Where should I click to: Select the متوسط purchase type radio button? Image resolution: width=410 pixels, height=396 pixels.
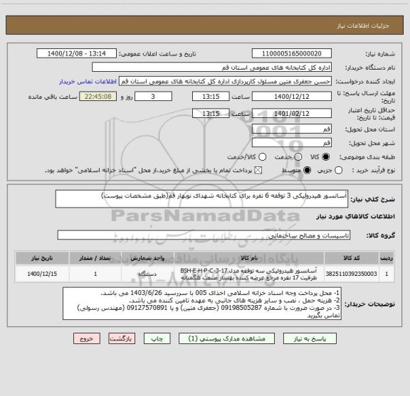[307, 170]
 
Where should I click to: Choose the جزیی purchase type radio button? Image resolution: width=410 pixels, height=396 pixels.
[339, 170]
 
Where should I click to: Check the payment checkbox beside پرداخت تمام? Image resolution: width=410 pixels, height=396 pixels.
[258, 170]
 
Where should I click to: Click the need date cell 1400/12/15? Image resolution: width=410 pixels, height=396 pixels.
[42, 272]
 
